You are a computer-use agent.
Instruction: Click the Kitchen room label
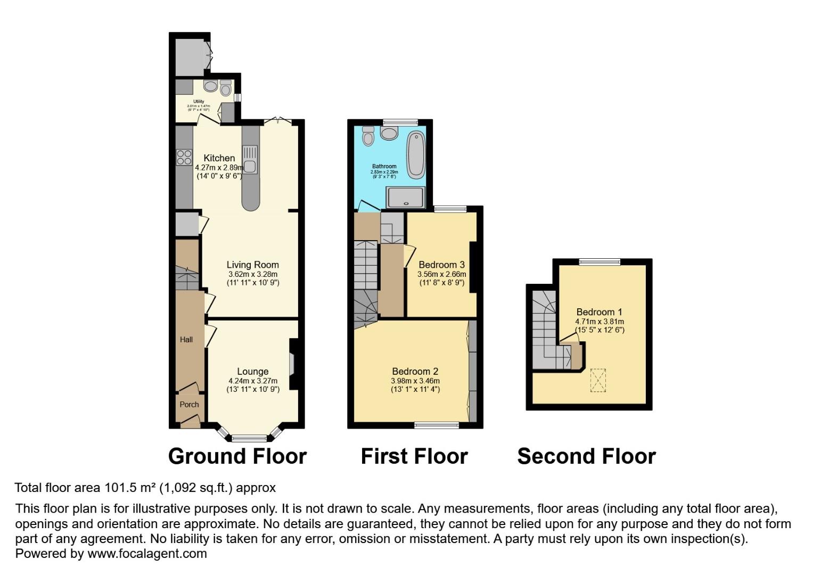pos(219,158)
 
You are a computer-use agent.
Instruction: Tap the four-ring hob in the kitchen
pos(184,157)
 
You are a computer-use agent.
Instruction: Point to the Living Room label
pos(252,265)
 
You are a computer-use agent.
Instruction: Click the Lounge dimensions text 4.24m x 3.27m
pos(252,381)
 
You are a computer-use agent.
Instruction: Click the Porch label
pos(189,404)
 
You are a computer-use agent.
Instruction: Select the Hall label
pos(186,340)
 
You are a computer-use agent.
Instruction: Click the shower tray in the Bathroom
pos(406,196)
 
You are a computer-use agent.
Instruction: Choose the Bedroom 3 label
pos(441,265)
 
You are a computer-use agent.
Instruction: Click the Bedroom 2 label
pos(415,372)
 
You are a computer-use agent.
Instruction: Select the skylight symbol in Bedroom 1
pos(598,380)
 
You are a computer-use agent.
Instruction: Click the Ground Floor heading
pos(237,456)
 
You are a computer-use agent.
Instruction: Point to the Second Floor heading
pos(586,456)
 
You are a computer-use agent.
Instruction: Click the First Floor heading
pos(414,456)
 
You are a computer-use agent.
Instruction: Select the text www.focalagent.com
pos(147,553)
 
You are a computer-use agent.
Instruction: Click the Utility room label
pos(199,101)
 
